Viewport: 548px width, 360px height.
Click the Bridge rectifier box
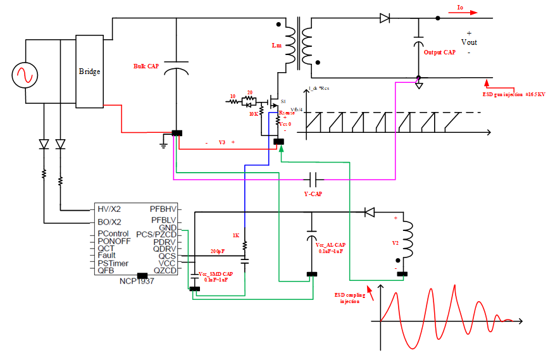coord(89,71)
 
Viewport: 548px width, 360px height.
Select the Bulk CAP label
coord(146,66)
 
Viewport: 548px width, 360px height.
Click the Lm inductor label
coord(277,46)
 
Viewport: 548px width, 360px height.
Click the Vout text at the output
coord(469,42)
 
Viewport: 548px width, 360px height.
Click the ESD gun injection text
coord(513,94)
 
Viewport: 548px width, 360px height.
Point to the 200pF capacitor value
coord(218,252)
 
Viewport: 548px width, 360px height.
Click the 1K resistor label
coord(236,235)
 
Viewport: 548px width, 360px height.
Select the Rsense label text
coord(287,113)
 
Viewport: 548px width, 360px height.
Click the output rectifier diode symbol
coord(385,18)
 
